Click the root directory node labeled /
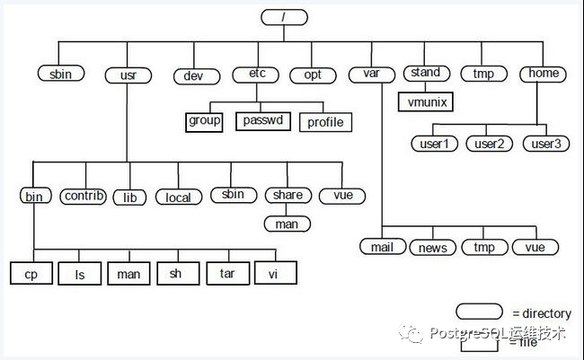285,17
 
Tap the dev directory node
195,76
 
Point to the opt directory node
312,75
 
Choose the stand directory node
425,73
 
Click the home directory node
544,74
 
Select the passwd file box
264,119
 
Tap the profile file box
325,121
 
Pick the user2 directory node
490,144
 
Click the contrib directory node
84,196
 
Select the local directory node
178,197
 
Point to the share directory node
287,195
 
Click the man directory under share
287,224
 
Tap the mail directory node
383,247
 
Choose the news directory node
433,247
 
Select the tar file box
226,273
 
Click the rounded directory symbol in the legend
480,312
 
